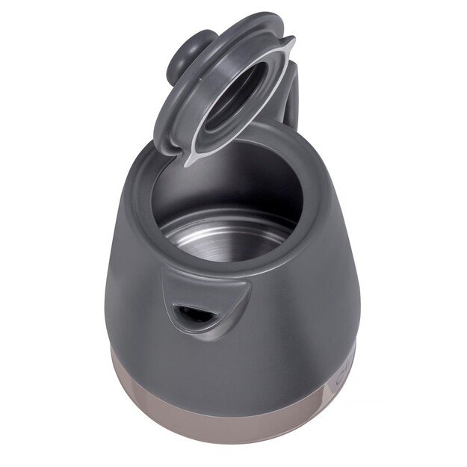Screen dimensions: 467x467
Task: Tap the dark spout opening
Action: tap(192, 314)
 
